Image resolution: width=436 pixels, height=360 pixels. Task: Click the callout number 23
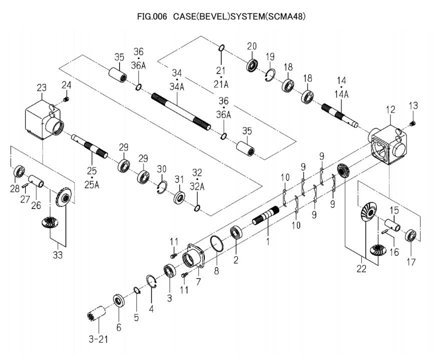42,88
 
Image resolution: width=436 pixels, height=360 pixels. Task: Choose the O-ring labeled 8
216,246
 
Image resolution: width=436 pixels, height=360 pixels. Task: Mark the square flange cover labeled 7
194,257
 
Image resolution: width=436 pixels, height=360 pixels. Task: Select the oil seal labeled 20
252,65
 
